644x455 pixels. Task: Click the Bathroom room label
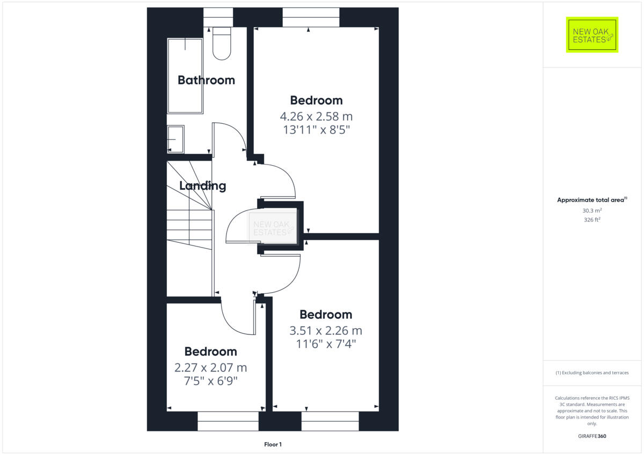206,80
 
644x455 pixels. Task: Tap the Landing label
202,187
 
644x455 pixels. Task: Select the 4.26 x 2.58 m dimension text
316,116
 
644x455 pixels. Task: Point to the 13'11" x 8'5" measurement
316,130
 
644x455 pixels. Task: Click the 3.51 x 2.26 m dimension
326,330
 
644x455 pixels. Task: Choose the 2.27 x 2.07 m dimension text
210,368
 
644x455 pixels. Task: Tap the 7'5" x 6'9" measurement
210,381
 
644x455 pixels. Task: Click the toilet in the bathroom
221,43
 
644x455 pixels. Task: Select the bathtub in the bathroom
185,75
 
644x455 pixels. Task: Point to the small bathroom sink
175,139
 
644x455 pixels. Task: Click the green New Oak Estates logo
592,35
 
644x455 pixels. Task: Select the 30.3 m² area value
592,211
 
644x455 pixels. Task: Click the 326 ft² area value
592,220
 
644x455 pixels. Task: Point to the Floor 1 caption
273,444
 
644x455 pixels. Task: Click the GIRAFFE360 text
592,436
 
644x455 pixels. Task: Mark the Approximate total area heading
592,200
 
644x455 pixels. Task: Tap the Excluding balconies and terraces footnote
592,372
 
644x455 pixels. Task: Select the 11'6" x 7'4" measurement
326,344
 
